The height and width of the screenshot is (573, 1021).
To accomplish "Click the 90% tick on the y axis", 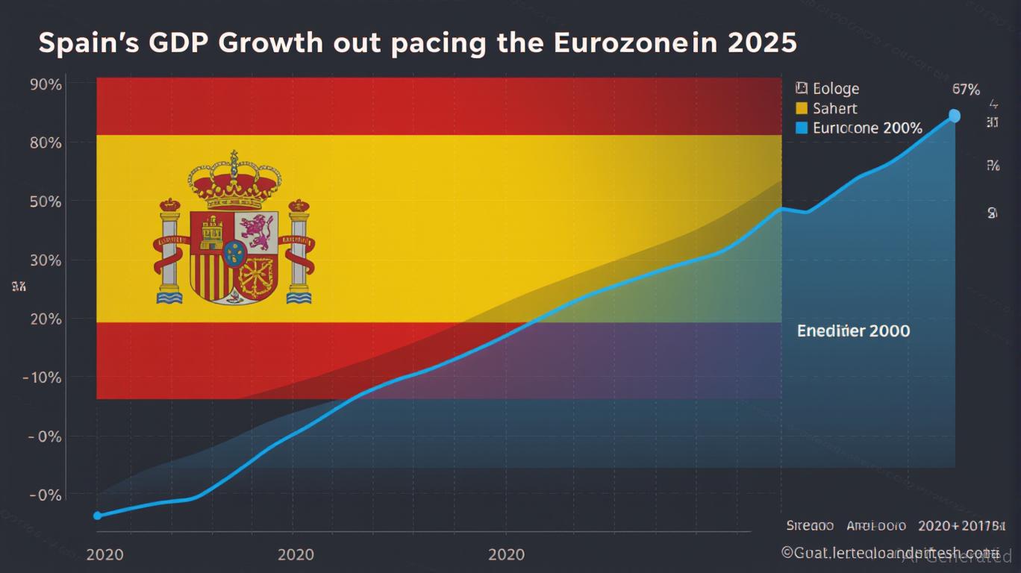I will [46, 84].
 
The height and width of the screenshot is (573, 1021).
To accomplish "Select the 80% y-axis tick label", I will [46, 143].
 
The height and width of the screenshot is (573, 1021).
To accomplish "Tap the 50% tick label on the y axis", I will [46, 201].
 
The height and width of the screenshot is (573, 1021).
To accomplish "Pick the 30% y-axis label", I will [46, 260].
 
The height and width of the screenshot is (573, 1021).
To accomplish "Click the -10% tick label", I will [43, 378].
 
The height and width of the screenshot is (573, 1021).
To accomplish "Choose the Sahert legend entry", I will [834, 108].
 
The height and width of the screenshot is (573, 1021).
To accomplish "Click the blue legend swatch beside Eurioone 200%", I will [802, 128].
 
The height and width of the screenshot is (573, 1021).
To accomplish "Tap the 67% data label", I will [966, 90].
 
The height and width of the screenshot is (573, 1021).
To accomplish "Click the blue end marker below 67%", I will [955, 116].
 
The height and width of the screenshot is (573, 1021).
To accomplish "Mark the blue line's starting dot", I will [97, 516].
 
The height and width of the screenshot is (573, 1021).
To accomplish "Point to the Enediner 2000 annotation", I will [853, 331].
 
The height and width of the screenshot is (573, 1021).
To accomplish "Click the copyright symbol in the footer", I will [787, 552].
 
